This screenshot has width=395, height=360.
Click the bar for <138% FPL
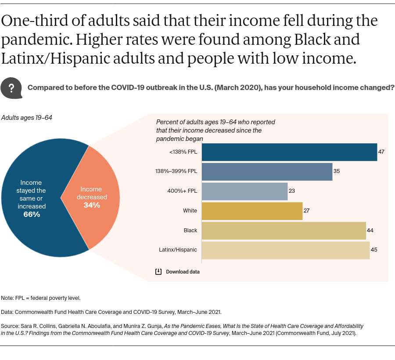pyautogui.click(x=289, y=152)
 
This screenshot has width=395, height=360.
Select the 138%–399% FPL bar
pyautogui.click(x=267, y=172)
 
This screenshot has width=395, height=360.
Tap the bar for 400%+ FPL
pyautogui.click(x=244, y=191)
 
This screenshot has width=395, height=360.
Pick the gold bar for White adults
pyautogui.click(x=252, y=211)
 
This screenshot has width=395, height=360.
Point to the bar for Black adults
pyautogui.click(x=284, y=230)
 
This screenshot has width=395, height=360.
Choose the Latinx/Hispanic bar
pyautogui.click(x=285, y=250)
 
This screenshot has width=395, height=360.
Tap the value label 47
pyautogui.click(x=381, y=152)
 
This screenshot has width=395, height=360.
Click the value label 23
pyautogui.click(x=292, y=191)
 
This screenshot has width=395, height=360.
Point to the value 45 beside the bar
pyautogui.click(x=374, y=250)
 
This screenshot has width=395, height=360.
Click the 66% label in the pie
pyautogui.click(x=32, y=214)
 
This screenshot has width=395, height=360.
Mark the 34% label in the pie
pyautogui.click(x=92, y=205)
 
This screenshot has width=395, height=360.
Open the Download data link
pyautogui.click(x=183, y=272)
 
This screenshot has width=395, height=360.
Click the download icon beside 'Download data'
pyautogui.click(x=159, y=272)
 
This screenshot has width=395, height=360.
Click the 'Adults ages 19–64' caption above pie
pyautogui.click(x=27, y=118)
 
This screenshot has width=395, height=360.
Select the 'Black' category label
pyautogui.click(x=190, y=230)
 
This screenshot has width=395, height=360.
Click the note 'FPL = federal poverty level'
pyautogui.click(x=41, y=298)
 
